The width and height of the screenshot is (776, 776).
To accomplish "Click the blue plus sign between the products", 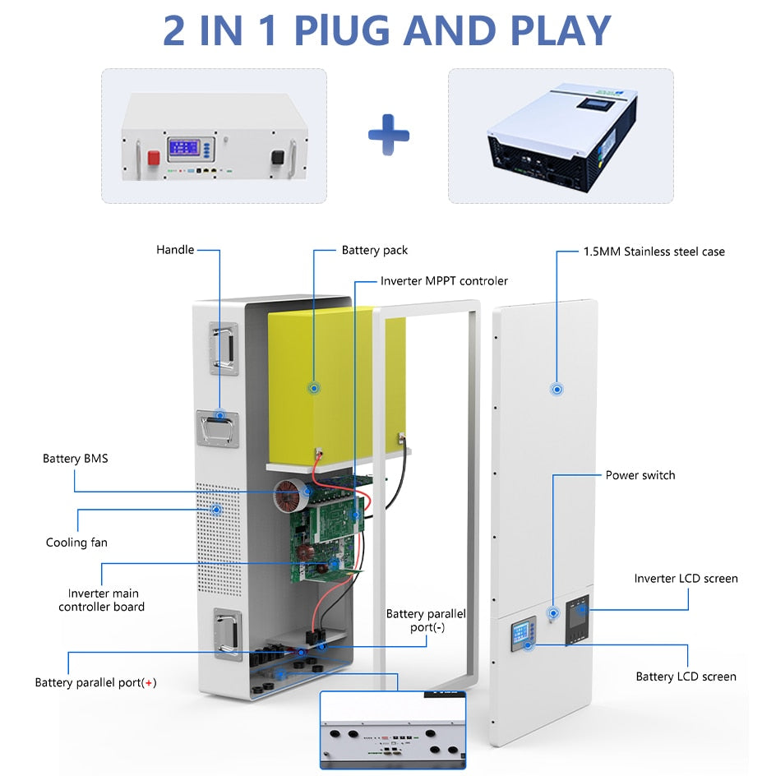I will point(388,135).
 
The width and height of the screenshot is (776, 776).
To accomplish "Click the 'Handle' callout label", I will point(175,249).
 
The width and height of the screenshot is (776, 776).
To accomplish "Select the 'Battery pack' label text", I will point(374,250).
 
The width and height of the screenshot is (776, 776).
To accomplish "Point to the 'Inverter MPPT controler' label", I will point(444,281).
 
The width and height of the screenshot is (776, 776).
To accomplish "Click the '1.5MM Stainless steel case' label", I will point(654,252).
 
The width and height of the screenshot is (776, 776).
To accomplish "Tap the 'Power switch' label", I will point(640,475).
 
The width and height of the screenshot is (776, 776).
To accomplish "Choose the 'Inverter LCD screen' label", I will point(686,579).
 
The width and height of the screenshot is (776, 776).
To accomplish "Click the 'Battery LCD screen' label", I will point(686,677).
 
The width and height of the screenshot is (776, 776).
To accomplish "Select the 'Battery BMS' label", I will point(75,458).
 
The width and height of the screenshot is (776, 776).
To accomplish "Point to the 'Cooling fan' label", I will point(76,543).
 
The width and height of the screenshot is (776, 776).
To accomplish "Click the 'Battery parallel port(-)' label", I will point(426,621).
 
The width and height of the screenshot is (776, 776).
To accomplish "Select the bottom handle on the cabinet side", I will point(226,633).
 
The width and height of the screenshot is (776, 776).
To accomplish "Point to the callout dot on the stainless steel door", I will point(557,388).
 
